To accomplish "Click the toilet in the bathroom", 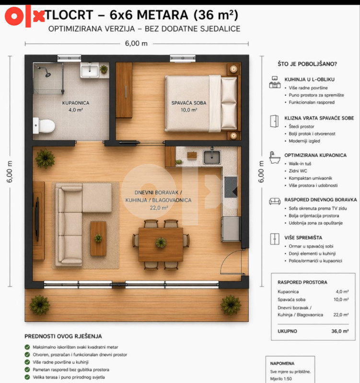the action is tap(44, 125).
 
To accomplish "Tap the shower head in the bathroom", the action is tap(47, 74).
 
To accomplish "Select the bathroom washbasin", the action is tap(90, 70).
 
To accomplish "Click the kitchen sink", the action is tap(212, 157).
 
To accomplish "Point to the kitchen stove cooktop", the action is tap(231, 187).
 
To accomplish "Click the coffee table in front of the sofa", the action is tap(98, 238).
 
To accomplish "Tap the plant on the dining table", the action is tap(161, 243).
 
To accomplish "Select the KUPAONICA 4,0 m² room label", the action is tap(76, 106).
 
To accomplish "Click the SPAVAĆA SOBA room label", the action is tap(189, 103).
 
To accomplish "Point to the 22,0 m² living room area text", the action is tap(159, 208).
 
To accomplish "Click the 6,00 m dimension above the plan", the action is tap(136, 44).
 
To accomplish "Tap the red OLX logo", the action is tap(24, 16).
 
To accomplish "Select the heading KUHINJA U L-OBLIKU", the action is tap(309, 79).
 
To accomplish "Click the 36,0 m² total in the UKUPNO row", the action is tap(340, 331).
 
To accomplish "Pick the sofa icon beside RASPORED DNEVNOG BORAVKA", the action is tap(275, 201).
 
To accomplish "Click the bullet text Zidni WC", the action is tap(298, 171).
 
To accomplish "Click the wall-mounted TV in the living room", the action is tap(37, 216).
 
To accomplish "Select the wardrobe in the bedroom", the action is tap(124, 90).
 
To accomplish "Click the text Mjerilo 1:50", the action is tap(281, 379).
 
